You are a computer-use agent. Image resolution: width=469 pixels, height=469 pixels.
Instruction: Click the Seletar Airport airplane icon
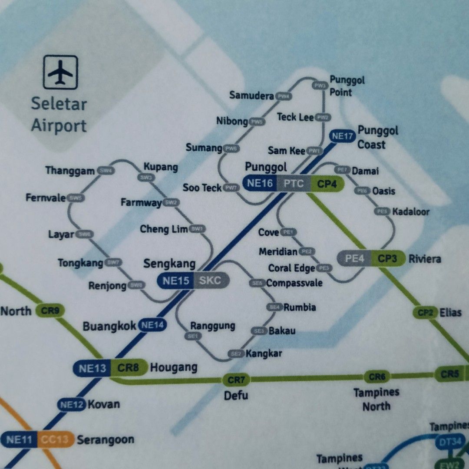(60, 72)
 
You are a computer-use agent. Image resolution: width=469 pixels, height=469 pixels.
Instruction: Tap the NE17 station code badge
(343, 136)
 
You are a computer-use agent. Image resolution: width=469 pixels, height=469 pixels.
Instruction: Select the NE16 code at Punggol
(260, 183)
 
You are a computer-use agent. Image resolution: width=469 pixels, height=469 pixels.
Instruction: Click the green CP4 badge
(327, 184)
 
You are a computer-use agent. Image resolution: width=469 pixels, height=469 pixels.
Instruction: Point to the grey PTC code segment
(294, 183)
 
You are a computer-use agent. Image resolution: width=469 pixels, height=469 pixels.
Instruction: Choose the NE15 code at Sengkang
(176, 281)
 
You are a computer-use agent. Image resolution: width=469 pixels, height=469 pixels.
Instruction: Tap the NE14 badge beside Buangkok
(152, 325)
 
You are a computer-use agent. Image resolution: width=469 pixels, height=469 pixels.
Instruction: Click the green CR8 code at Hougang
(129, 369)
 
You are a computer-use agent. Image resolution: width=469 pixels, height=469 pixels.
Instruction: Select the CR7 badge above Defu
(237, 380)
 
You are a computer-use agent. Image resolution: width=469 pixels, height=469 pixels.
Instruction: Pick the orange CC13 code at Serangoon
(55, 439)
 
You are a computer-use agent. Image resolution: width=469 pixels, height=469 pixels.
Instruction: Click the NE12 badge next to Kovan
(72, 405)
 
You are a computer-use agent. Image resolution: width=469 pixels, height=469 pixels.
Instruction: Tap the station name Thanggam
(70, 171)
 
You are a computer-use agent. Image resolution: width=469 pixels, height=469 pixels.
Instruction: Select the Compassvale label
(294, 283)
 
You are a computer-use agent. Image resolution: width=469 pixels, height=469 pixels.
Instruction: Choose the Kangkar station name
(264, 353)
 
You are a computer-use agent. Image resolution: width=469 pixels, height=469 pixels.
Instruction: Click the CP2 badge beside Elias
(425, 312)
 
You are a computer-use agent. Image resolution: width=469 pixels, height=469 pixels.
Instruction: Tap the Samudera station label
(251, 96)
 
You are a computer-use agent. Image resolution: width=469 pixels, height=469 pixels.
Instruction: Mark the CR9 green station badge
(50, 310)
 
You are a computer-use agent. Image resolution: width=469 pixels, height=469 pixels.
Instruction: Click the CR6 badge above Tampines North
(377, 377)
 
